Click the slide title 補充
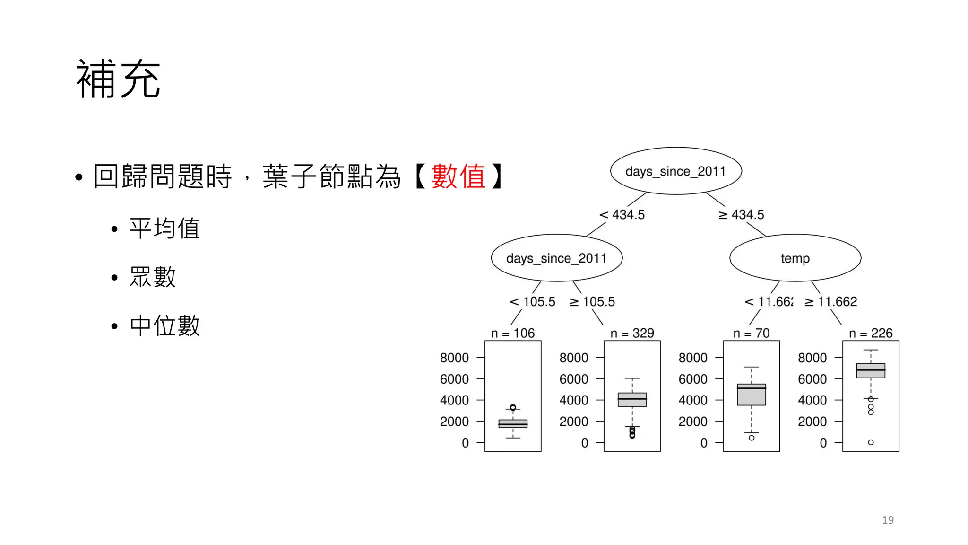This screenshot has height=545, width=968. coord(118,79)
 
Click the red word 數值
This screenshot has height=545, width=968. coord(458,176)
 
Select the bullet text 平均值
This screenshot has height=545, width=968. coord(164,229)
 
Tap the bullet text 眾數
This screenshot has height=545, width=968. coord(153,277)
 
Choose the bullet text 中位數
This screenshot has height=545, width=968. coord(164,325)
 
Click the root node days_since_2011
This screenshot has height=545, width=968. coord(675,171)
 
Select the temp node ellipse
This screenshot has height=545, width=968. coord(795,258)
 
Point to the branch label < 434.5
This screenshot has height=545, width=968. coord(622,215)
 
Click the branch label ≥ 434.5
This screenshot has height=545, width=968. coord(741,215)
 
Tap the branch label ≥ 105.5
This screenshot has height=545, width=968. coord(592,302)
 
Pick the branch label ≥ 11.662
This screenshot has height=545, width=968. coord(831,302)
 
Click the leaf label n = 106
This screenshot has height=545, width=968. coord(513,334)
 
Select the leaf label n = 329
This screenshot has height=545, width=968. coord(632,334)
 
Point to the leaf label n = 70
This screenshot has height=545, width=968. coord(751,334)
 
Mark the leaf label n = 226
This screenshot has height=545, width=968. coord(871,334)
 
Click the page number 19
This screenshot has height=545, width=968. coord(888,520)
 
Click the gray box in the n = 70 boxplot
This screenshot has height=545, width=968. coord(751,396)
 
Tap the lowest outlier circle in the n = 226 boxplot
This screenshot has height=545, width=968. coord(871,442)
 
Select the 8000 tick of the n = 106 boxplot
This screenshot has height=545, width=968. coord(454,358)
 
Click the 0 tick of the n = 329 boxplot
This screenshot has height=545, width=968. coord(585,443)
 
